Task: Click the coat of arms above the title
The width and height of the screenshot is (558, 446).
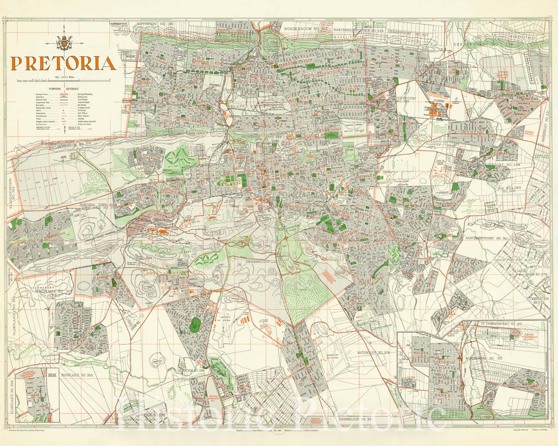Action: (x=64, y=43)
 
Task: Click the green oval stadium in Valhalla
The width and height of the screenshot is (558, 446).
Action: (x=193, y=327)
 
